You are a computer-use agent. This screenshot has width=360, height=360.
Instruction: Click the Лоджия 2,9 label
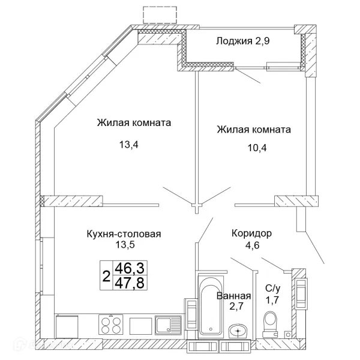click(242, 41)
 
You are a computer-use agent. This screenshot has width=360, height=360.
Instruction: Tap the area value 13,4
click(128, 145)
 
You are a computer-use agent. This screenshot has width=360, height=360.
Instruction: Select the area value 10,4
click(257, 148)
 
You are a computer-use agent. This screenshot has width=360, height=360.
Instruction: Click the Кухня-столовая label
click(124, 234)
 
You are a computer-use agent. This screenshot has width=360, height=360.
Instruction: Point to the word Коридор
click(252, 234)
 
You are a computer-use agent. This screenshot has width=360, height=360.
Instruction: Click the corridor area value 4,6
click(253, 245)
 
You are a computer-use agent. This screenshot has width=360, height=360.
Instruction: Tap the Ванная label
click(234, 296)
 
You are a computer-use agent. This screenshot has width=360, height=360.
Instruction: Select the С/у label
click(273, 289)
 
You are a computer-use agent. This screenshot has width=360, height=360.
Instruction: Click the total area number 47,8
click(130, 283)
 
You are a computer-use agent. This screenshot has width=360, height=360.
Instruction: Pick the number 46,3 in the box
click(130, 268)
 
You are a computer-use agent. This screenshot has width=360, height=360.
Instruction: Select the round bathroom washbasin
click(238, 331)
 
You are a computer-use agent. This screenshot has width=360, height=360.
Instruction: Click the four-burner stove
click(111, 324)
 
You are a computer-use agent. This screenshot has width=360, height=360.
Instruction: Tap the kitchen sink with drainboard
click(169, 325)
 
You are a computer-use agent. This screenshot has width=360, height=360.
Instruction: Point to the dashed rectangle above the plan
click(160, 15)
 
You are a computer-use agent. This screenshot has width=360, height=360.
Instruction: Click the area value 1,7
click(272, 300)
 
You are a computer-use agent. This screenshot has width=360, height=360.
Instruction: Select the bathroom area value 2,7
click(236, 306)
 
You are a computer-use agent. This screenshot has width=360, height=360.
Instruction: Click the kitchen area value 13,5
click(125, 245)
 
